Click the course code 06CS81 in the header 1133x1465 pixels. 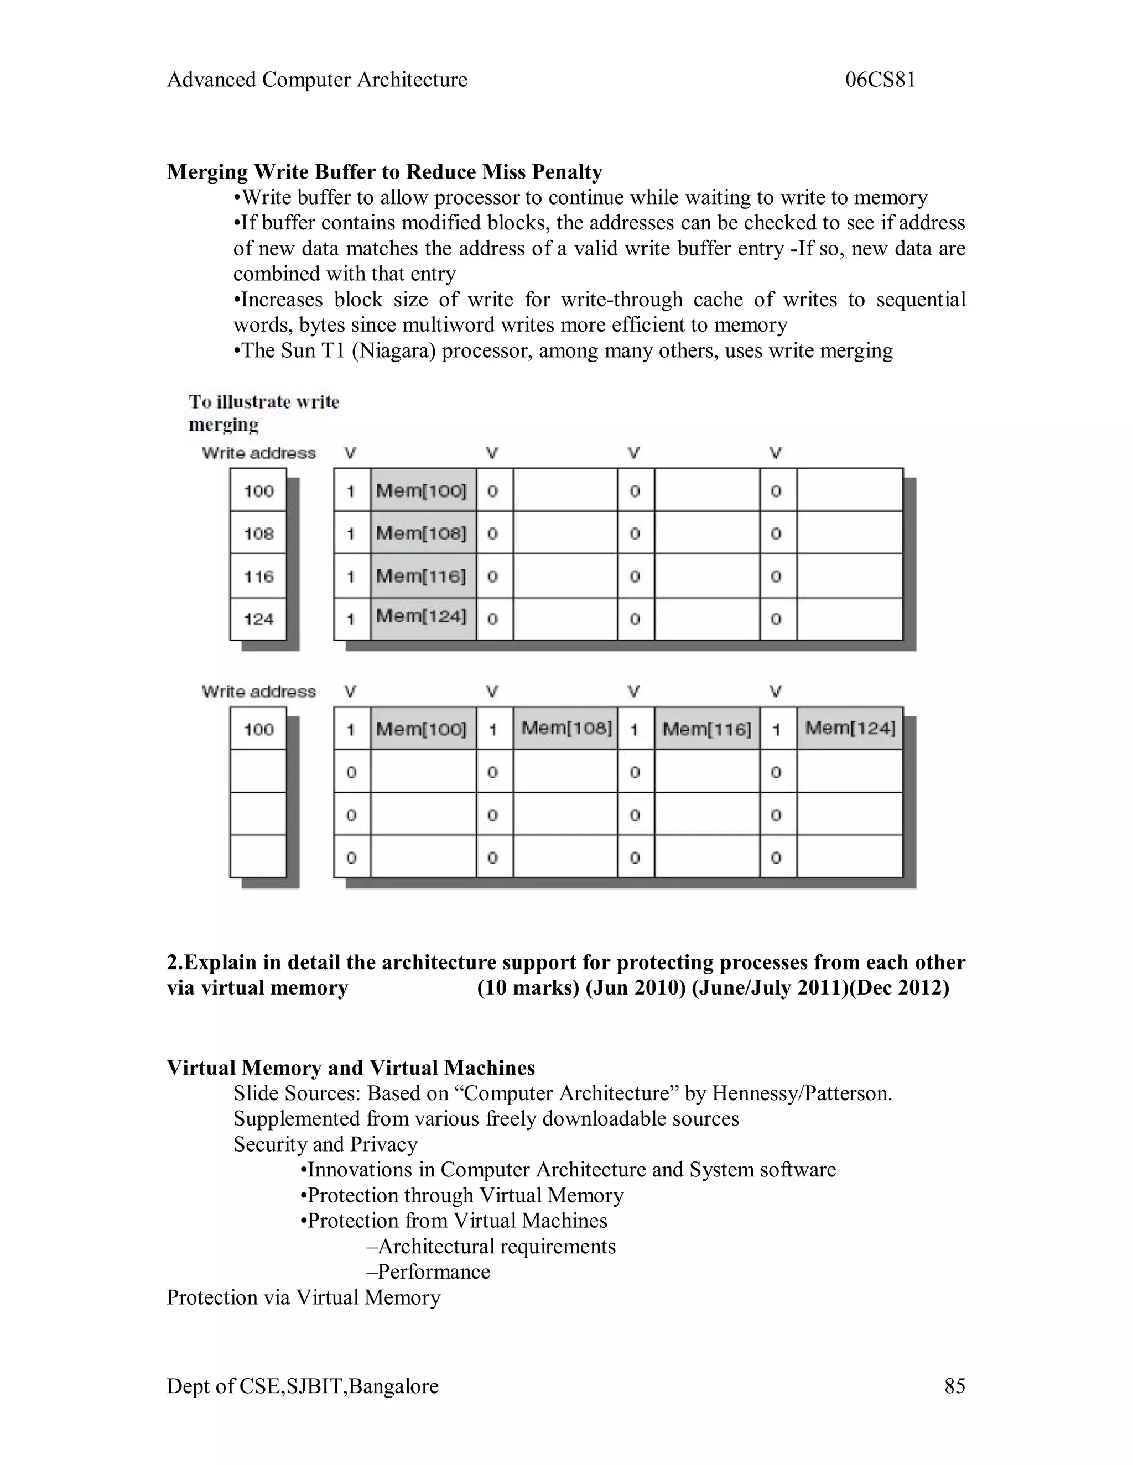(880, 80)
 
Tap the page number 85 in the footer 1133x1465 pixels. (954, 1386)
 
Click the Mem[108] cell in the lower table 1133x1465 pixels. (566, 729)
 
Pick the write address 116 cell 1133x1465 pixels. (258, 576)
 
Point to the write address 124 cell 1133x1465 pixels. (258, 619)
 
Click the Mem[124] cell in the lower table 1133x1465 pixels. (850, 729)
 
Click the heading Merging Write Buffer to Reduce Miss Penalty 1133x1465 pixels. (384, 172)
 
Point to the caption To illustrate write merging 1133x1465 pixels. (263, 412)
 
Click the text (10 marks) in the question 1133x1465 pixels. (528, 988)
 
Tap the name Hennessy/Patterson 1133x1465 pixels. (802, 1093)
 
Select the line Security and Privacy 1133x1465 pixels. (325, 1144)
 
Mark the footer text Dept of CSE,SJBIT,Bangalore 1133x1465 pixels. (302, 1386)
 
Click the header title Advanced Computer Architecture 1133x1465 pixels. (317, 80)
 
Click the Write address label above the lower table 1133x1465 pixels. (258, 692)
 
